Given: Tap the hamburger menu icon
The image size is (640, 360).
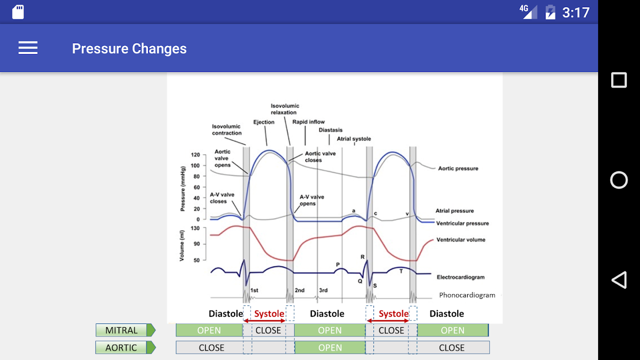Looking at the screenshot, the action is click(x=28, y=48).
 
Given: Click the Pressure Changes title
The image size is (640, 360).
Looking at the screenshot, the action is click(x=129, y=49).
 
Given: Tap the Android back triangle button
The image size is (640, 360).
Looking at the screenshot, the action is click(x=619, y=280).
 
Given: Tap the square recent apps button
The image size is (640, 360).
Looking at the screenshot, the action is click(x=619, y=80).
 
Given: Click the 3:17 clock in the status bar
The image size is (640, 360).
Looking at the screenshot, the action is click(x=576, y=13).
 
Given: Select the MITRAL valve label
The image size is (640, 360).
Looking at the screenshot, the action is click(x=122, y=330).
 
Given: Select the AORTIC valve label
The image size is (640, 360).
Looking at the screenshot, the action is click(x=122, y=347).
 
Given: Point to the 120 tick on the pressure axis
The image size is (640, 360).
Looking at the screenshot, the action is click(x=195, y=155).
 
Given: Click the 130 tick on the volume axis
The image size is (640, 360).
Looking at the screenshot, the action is click(x=195, y=228).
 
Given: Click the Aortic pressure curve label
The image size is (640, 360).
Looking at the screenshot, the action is click(x=458, y=168).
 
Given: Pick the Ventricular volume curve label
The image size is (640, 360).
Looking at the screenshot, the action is click(x=460, y=240).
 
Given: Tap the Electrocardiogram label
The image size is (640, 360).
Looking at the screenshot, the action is click(x=460, y=277).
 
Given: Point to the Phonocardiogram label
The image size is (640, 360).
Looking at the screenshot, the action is click(x=467, y=295).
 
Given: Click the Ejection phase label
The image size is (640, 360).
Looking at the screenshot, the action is click(x=264, y=122).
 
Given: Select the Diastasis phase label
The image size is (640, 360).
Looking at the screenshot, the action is click(x=330, y=130).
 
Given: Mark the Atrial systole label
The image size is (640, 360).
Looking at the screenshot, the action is click(x=354, y=139).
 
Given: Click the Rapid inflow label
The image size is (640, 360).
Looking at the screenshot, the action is click(x=309, y=122).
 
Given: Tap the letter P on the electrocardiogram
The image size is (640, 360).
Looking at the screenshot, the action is click(x=338, y=265).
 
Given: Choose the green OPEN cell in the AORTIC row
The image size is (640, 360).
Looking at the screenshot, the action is click(x=330, y=347).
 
